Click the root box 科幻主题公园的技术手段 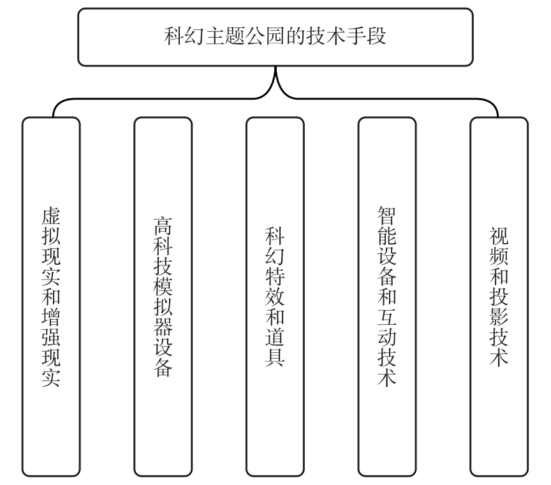[x=275, y=36]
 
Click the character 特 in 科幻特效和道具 [x=275, y=277]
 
